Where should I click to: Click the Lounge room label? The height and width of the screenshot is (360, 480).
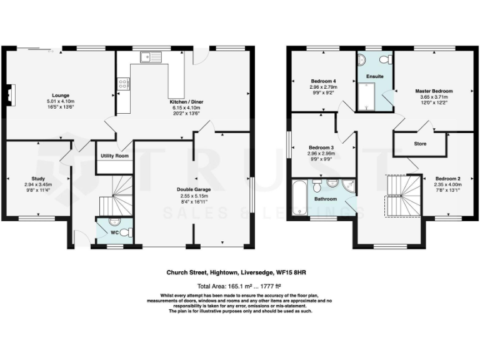coord(60,95)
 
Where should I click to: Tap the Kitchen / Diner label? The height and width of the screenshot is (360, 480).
coord(186,101)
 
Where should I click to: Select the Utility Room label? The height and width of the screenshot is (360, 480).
coord(114,155)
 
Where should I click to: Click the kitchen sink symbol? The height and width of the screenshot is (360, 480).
coord(150,58)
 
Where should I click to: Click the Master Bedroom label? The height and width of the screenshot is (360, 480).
coord(434,91)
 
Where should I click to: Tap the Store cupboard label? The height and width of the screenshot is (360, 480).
coord(420,144)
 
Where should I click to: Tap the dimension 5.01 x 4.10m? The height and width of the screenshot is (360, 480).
coord(60,101)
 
